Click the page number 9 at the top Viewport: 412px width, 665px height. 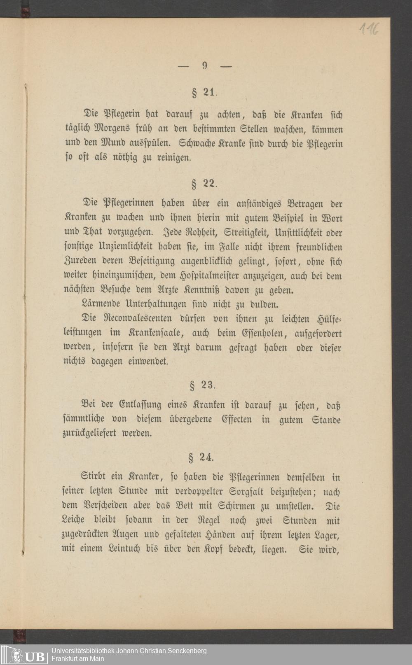205,65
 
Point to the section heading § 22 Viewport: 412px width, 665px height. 204,184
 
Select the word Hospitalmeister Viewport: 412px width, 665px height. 199,276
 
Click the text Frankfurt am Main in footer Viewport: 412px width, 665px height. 77,658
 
